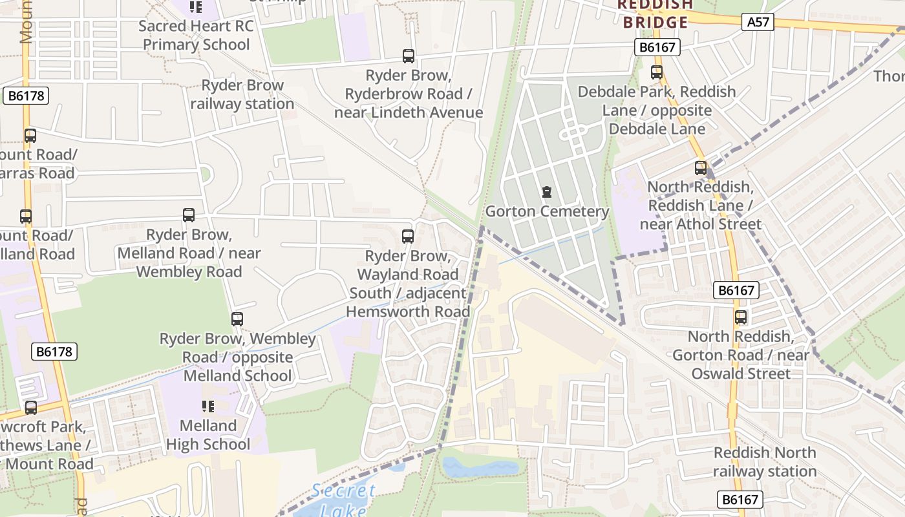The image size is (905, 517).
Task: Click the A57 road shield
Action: pos(758,23)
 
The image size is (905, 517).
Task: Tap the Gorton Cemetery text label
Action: pos(547,211)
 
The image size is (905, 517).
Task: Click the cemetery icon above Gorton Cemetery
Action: pos(547,192)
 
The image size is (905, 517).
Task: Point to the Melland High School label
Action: pos(208,435)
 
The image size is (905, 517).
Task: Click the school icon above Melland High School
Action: pos(208,406)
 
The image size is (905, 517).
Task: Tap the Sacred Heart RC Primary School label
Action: pos(197,35)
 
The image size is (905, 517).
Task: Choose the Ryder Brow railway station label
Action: pos(242,94)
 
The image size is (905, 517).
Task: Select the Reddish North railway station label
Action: pos(765,461)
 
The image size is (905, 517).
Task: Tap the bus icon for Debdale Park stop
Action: pos(657,72)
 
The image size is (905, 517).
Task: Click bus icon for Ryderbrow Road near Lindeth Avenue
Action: pos(409,56)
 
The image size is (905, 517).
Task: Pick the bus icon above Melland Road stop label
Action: pos(189,215)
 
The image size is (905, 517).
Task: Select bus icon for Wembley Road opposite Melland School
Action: pos(237,319)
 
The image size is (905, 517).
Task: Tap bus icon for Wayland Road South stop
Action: pos(408,237)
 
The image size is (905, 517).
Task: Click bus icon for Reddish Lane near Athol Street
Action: pos(701,168)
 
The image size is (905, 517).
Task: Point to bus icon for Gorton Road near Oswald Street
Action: pos(741,317)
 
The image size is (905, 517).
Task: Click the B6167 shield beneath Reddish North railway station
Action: pos(740,499)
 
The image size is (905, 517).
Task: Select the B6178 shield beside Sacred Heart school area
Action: pos(26,96)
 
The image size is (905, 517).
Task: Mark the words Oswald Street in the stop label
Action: pos(741,374)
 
